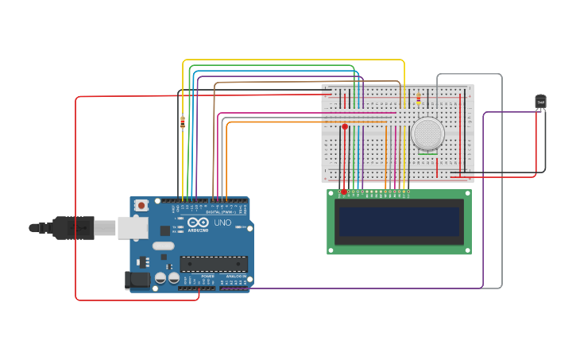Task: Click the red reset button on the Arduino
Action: coord(141,205)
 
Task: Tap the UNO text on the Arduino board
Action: coord(222,223)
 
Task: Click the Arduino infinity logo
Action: coord(198,223)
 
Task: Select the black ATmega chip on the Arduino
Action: coord(213,264)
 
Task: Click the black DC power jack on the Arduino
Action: coord(137,280)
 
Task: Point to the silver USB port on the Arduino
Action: coord(132,228)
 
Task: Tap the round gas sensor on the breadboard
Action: coord(428,134)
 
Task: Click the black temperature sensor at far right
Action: coord(540,102)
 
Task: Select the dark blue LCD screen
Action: coord(399,222)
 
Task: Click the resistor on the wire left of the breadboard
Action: coord(183,122)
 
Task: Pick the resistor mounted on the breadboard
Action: coord(419,99)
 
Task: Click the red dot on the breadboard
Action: coord(345,126)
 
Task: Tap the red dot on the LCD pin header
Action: coord(343,192)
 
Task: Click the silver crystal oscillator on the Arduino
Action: coord(164,246)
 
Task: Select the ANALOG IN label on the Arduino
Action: coord(236,276)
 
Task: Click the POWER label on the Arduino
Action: coord(197,276)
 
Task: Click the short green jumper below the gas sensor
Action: coord(427,153)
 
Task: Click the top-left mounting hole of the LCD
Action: coord(331,193)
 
